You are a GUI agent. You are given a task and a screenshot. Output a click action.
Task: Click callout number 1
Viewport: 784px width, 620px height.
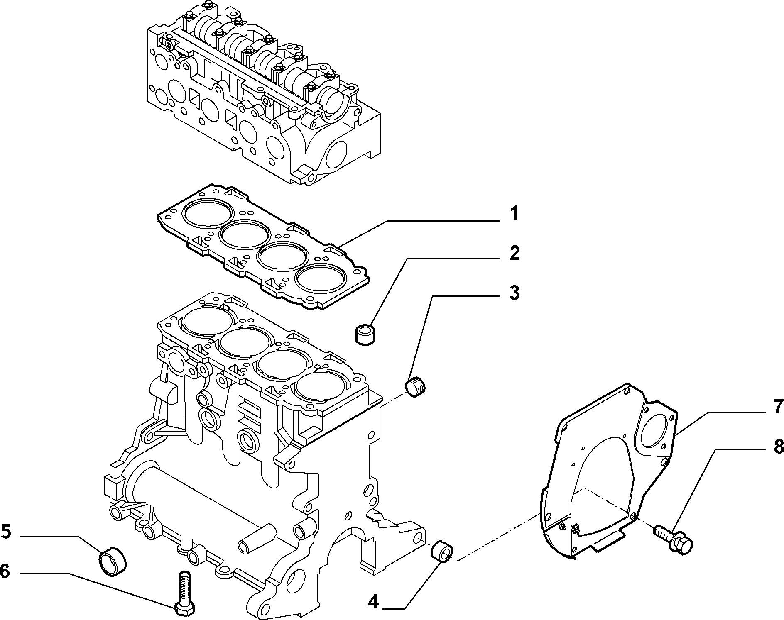click(x=514, y=214)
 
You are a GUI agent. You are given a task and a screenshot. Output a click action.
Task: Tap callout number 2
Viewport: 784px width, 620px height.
click(x=514, y=253)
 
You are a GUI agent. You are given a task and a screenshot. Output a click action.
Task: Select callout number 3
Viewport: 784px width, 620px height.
click(x=514, y=293)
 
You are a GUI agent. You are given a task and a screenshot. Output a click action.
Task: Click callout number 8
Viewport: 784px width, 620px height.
click(x=778, y=447)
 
